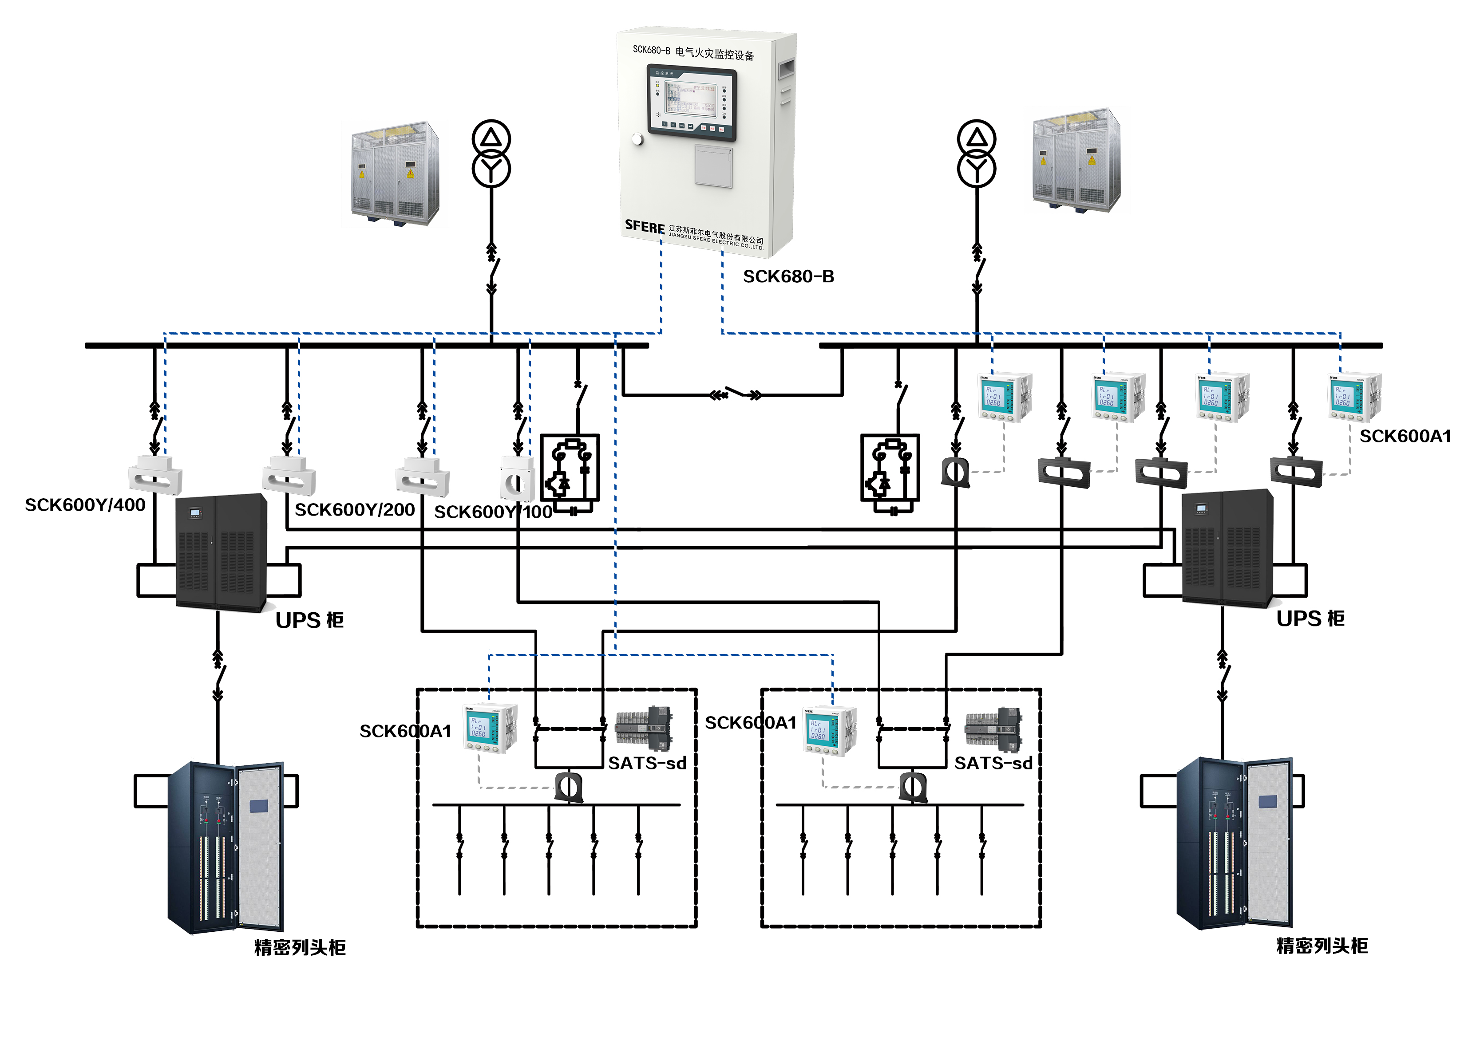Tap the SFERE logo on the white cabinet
[x=644, y=227]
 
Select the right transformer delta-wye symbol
[x=976, y=154]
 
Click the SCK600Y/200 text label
[x=354, y=510]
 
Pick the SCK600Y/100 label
[x=493, y=512]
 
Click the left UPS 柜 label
[x=309, y=620]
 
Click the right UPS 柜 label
[x=1310, y=618]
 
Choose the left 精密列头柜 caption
[x=300, y=947]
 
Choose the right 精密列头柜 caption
[x=1322, y=946]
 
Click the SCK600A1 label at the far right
[x=1405, y=436]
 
